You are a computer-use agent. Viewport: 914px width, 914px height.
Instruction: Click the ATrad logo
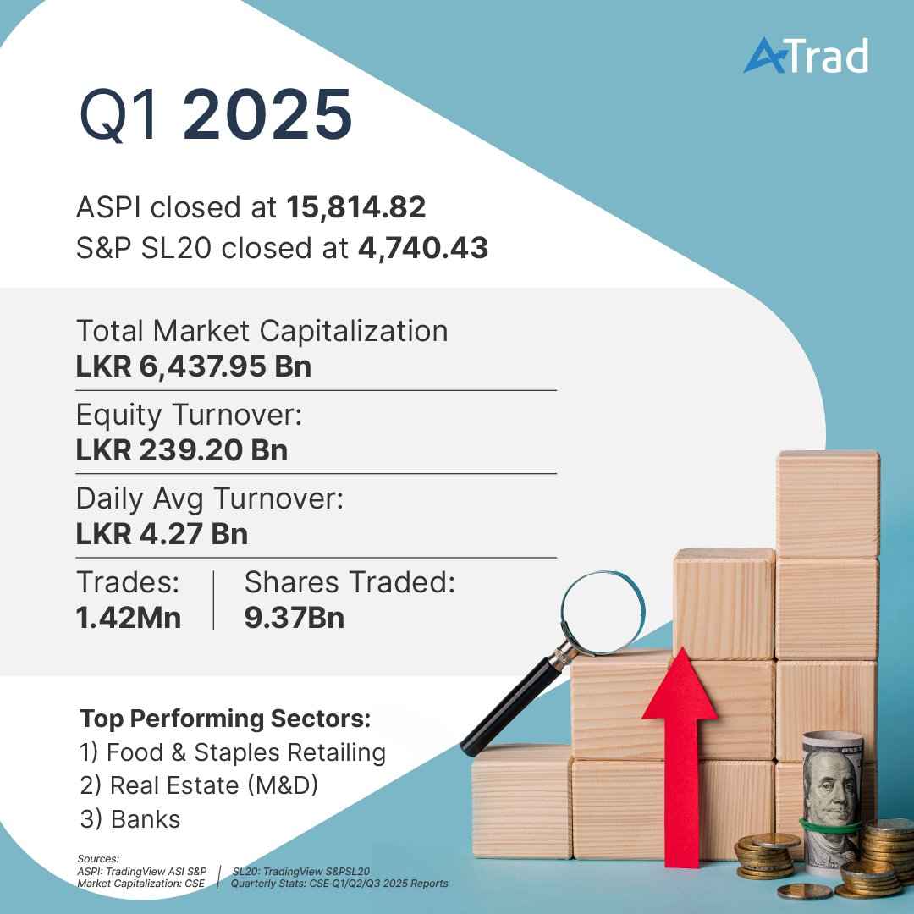click(805, 57)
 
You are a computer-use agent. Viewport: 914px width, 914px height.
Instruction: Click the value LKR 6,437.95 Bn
click(194, 367)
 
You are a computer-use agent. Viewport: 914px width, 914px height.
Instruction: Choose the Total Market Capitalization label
click(262, 331)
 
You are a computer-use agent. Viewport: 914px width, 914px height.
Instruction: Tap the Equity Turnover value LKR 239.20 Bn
click(182, 450)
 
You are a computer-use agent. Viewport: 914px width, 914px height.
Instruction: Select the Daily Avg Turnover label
click(210, 498)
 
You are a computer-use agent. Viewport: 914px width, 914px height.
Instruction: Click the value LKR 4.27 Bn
click(162, 535)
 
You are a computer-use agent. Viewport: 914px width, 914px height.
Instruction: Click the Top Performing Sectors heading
click(225, 719)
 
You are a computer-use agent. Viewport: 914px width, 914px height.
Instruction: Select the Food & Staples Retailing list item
click(233, 752)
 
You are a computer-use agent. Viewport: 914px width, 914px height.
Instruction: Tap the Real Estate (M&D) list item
click(199, 785)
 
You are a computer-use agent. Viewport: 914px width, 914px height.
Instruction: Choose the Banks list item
click(130, 819)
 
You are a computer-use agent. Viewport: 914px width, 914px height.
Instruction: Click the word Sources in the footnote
click(97, 858)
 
